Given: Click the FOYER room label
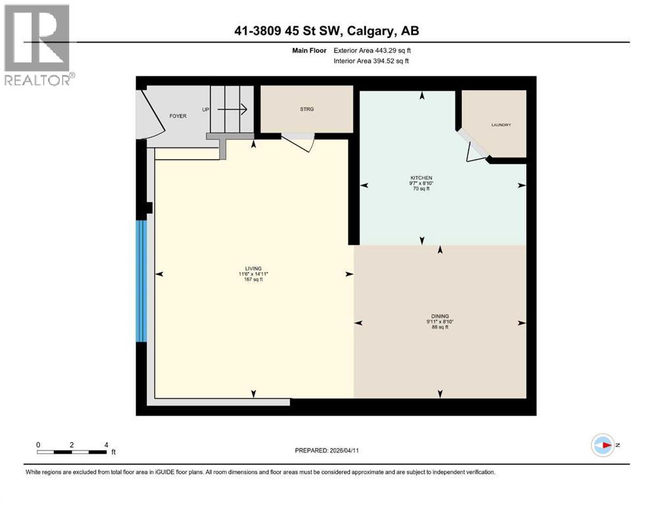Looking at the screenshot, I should [x=178, y=116].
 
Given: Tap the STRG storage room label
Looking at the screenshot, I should [x=306, y=109].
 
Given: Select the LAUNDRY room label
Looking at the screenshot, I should [x=500, y=125].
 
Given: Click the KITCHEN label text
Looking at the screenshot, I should [x=421, y=178].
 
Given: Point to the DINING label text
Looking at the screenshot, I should [x=440, y=316].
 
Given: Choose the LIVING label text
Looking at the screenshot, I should [x=253, y=268].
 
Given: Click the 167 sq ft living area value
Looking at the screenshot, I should [x=253, y=280].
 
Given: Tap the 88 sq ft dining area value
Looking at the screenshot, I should [x=440, y=327].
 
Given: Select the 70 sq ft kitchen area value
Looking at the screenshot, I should [x=421, y=189].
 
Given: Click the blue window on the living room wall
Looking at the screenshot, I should [x=140, y=281].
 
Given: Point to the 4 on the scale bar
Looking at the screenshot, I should [x=106, y=445].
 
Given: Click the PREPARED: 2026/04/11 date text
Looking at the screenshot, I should [x=326, y=450].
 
